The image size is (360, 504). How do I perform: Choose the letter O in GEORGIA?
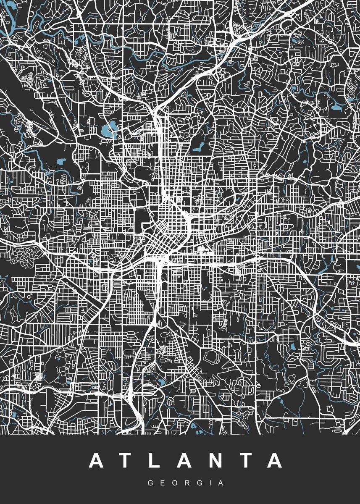click(173, 483)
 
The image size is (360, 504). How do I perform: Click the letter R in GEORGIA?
click(185, 483)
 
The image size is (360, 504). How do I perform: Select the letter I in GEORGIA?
click(208, 483)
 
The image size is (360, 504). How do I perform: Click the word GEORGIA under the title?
click(184, 483)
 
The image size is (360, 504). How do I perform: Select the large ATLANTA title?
click(184, 461)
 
